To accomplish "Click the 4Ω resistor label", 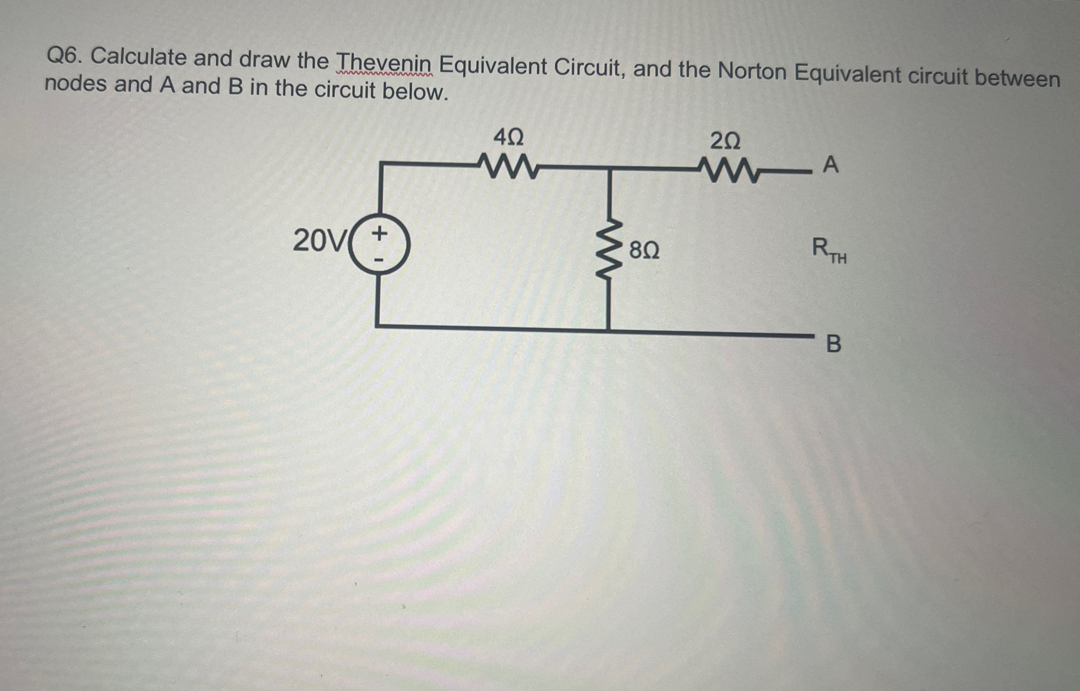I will click(508, 137).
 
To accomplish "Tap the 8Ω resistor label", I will click(644, 250).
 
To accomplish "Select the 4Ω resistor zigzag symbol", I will click(508, 167).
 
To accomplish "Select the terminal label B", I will click(833, 345).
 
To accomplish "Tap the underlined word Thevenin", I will click(384, 64).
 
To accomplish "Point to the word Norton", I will click(752, 71).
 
